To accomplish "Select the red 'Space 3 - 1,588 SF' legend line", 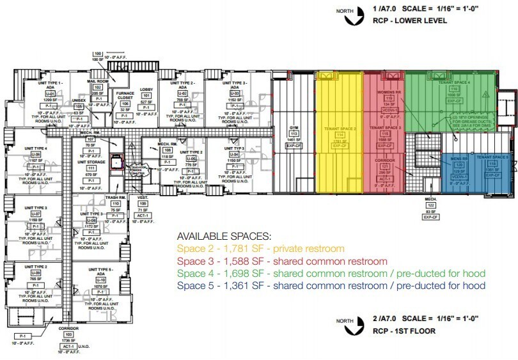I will tap(282, 261).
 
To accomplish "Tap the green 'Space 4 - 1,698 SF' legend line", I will tap(331, 273).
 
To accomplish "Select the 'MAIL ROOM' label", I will tap(98, 82).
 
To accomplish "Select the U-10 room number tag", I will tap(100, 280).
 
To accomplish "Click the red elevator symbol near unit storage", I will tap(117, 162).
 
